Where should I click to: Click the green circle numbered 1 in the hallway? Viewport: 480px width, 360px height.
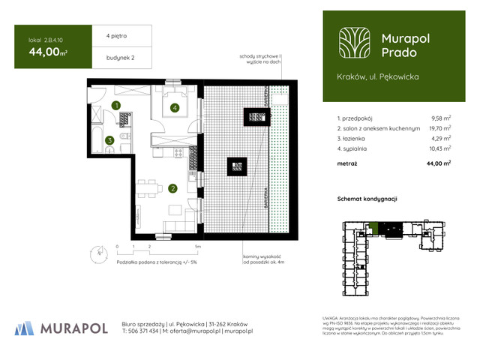click(116, 106)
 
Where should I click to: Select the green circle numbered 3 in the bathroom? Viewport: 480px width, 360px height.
click(109, 139)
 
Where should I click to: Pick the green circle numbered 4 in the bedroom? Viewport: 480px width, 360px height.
click(175, 108)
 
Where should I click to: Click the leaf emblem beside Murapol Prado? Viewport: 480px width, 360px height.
click(352, 43)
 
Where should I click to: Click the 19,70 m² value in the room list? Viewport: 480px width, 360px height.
click(440, 128)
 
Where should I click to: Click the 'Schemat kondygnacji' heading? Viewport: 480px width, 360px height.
click(367, 199)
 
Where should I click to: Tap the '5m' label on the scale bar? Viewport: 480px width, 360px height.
click(197, 246)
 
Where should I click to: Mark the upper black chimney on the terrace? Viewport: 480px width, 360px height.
click(255, 116)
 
